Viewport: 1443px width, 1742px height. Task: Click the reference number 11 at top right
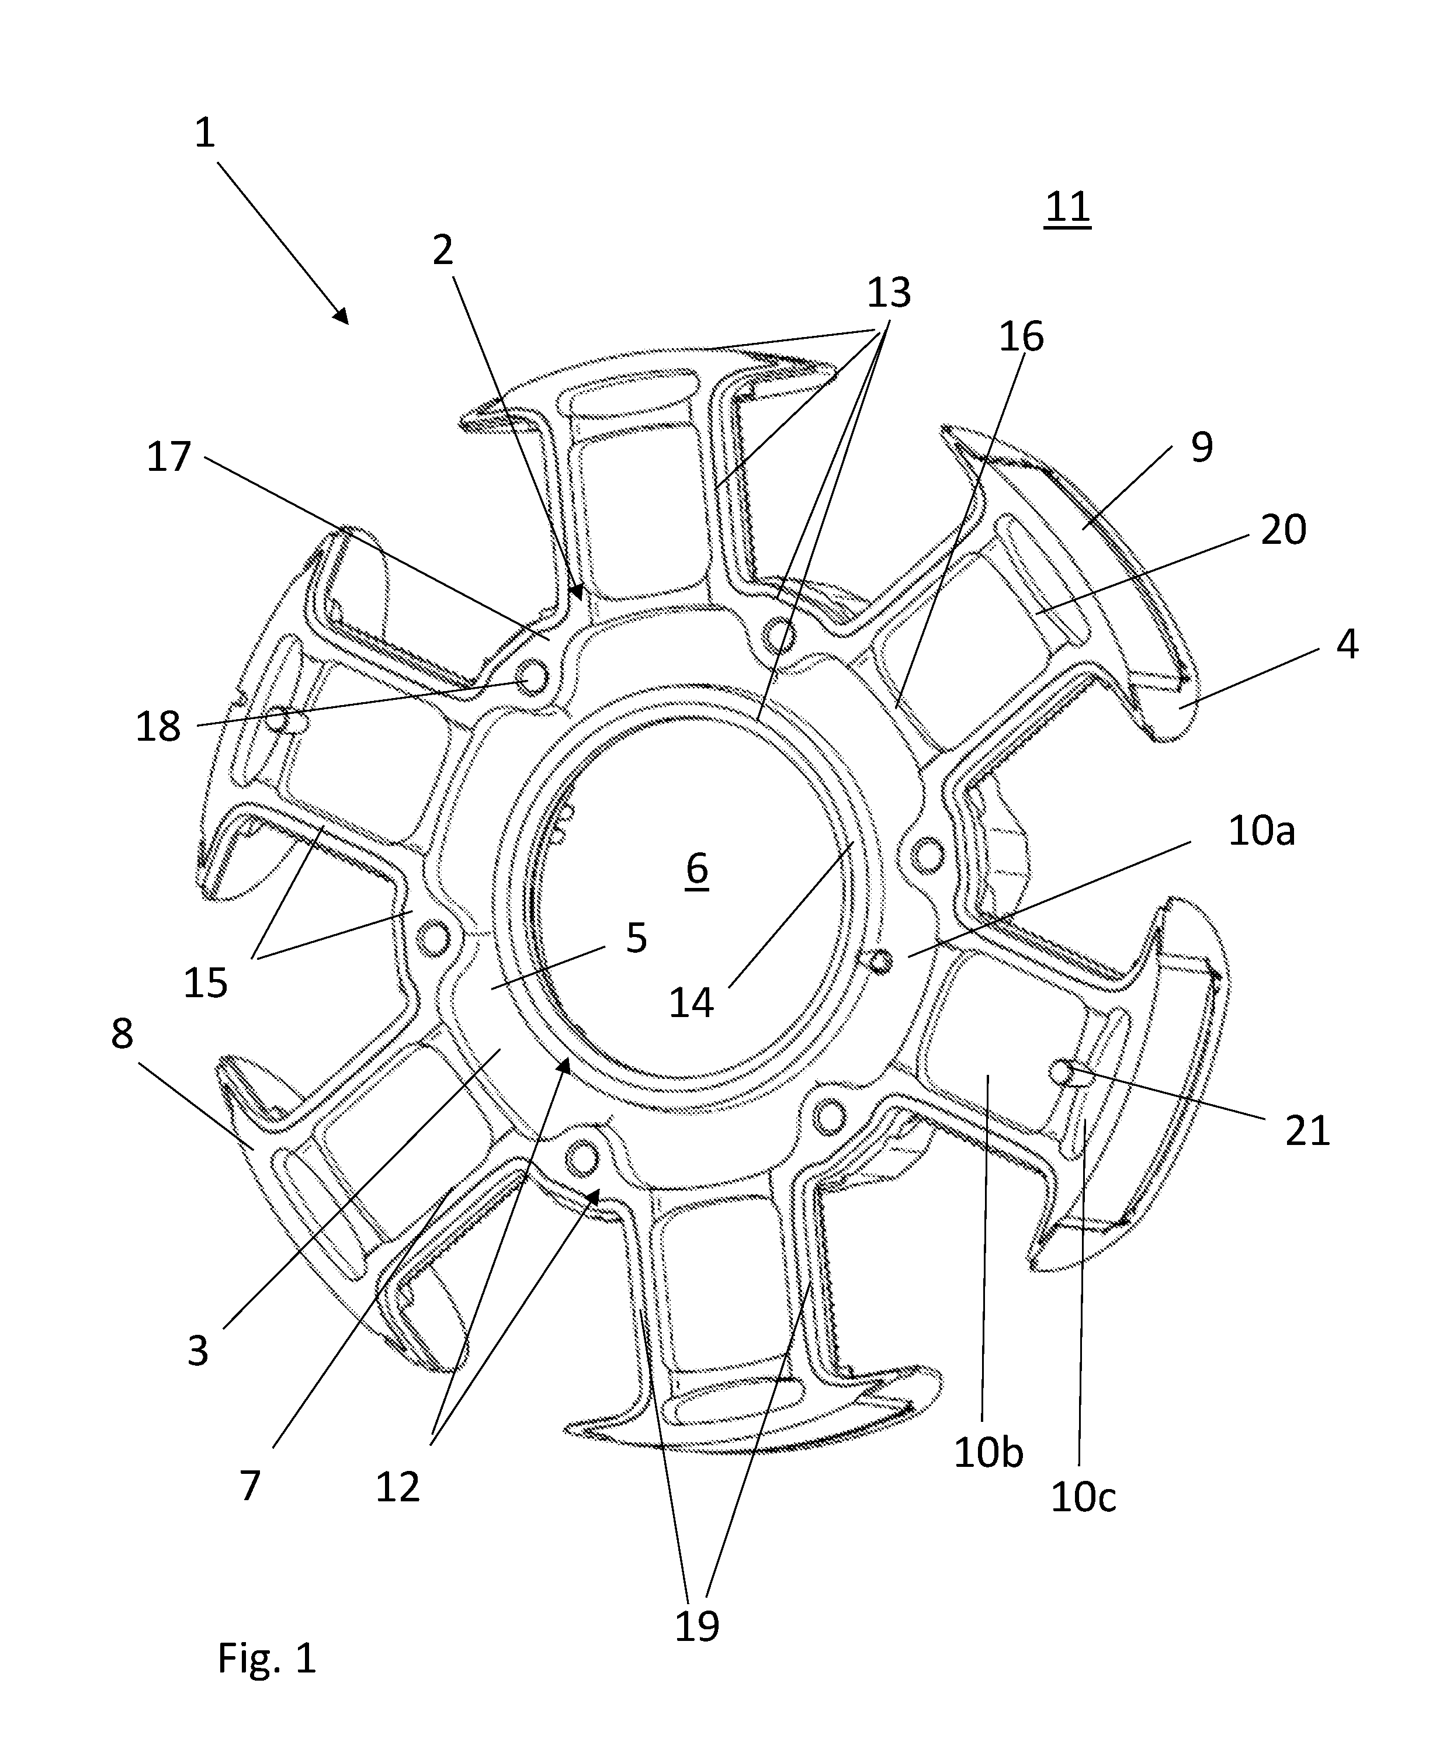(1067, 207)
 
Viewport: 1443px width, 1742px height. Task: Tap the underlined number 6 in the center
(697, 869)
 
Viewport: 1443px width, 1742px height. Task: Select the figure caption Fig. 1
(267, 1657)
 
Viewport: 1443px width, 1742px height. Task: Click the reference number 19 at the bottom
(696, 1627)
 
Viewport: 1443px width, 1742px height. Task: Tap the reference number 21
(1307, 1130)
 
